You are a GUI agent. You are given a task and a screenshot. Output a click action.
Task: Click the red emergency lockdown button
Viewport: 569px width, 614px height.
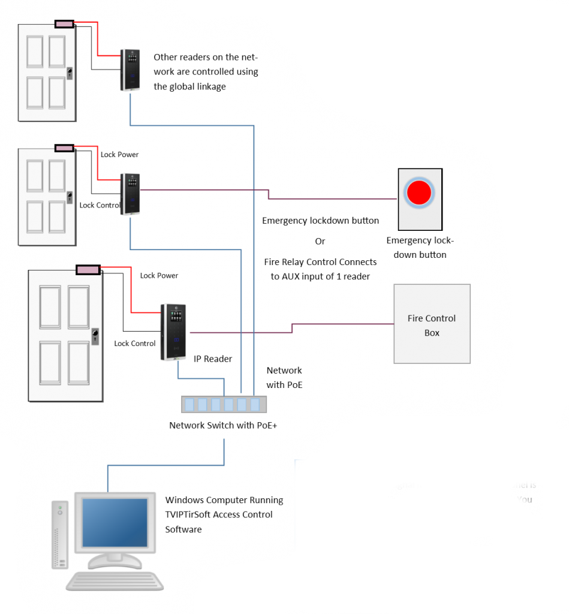(x=419, y=193)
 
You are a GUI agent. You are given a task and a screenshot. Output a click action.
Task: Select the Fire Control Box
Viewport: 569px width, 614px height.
(x=432, y=324)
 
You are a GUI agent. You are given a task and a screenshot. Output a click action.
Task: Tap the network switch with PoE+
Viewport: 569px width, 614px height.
(x=224, y=404)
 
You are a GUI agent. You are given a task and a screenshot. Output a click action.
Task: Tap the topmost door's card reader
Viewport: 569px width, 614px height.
(x=130, y=70)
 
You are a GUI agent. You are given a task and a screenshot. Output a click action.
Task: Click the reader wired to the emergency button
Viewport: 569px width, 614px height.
(x=130, y=194)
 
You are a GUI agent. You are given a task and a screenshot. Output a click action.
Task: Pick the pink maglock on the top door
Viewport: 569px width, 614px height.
(x=64, y=24)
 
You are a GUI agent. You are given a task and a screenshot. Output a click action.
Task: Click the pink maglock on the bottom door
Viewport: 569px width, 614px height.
(x=88, y=270)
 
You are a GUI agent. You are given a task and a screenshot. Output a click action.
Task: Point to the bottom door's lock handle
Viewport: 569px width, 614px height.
(x=95, y=336)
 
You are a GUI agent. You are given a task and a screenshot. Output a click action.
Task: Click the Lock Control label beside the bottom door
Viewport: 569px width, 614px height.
(x=135, y=344)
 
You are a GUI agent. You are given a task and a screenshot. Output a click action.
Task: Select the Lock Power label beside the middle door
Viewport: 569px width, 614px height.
(x=119, y=155)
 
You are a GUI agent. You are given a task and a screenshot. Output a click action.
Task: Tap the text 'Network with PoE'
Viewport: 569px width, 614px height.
(x=284, y=378)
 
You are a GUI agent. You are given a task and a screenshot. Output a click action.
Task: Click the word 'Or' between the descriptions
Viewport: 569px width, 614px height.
(x=320, y=241)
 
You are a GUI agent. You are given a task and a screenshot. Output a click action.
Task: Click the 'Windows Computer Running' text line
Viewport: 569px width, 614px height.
(x=224, y=500)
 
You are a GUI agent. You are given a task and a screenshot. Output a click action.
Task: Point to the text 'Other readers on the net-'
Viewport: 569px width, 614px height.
(x=205, y=58)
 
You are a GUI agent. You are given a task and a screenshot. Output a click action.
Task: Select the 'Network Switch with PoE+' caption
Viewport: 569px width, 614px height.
(x=223, y=426)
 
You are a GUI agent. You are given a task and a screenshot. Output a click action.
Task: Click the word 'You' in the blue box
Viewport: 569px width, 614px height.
(x=524, y=499)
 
